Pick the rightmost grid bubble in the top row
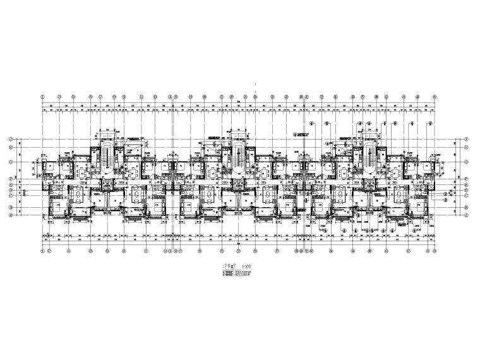click(x=437, y=97)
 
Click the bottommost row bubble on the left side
click(x=11, y=215)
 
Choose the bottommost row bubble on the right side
click(x=466, y=215)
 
